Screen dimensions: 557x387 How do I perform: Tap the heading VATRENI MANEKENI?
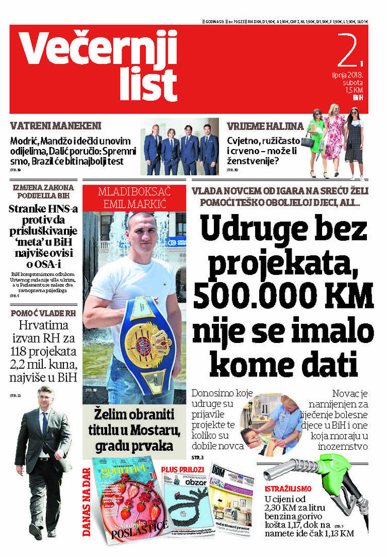pyautogui.click(x=56, y=126)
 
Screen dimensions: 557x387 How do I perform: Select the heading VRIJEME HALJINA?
pyautogui.click(x=259, y=126)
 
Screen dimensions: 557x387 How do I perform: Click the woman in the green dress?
pyautogui.click(x=316, y=137)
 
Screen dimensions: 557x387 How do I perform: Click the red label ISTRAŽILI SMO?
pyautogui.click(x=287, y=488)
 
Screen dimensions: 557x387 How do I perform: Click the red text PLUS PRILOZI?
pyautogui.click(x=182, y=469)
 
